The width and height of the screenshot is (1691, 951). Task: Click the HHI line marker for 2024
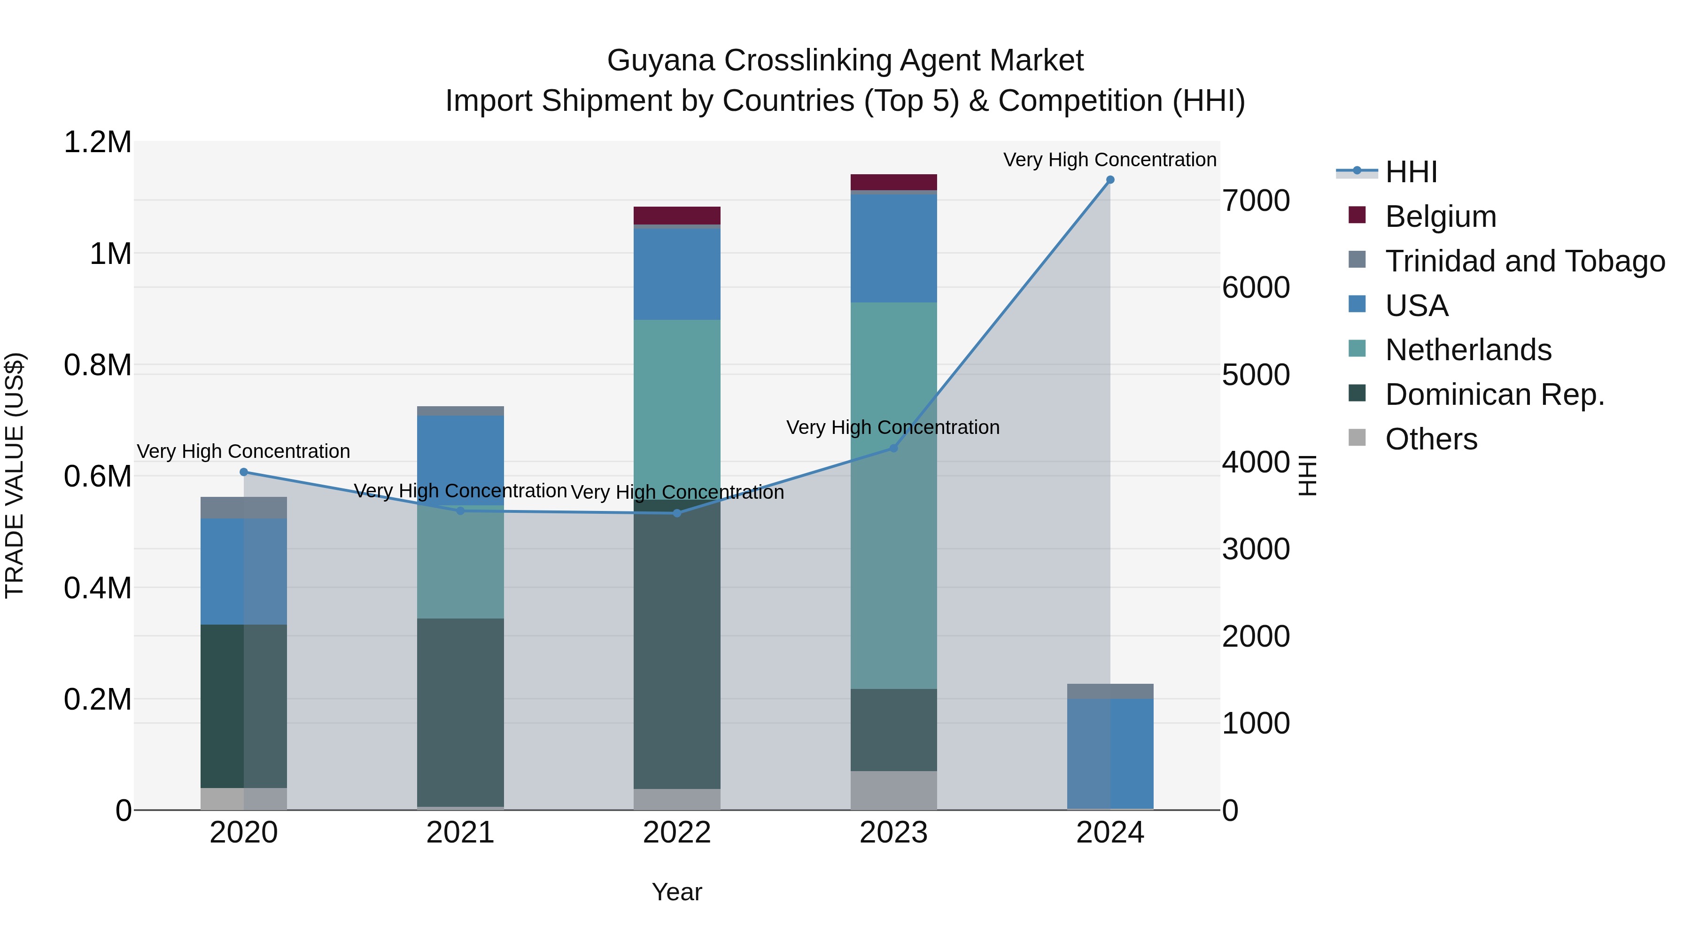click(1110, 180)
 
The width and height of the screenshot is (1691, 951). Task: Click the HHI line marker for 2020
click(243, 472)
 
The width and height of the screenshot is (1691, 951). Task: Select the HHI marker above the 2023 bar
click(893, 448)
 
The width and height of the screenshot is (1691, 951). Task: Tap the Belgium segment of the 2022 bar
click(677, 215)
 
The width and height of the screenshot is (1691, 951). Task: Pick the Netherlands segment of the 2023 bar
click(893, 495)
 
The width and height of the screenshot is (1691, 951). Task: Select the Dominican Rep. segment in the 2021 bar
click(460, 712)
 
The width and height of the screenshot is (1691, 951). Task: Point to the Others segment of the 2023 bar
click(893, 790)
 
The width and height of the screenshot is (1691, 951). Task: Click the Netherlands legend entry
click(1468, 350)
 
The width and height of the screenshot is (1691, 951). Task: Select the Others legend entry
click(1431, 439)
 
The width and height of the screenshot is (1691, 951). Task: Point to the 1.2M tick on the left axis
click(97, 142)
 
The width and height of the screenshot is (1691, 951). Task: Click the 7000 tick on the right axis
click(1255, 201)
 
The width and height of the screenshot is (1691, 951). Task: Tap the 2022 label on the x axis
click(677, 833)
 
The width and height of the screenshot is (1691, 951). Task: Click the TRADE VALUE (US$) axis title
click(15, 475)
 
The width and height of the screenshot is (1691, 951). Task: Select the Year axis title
click(677, 892)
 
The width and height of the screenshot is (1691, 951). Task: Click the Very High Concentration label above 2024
click(1109, 160)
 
